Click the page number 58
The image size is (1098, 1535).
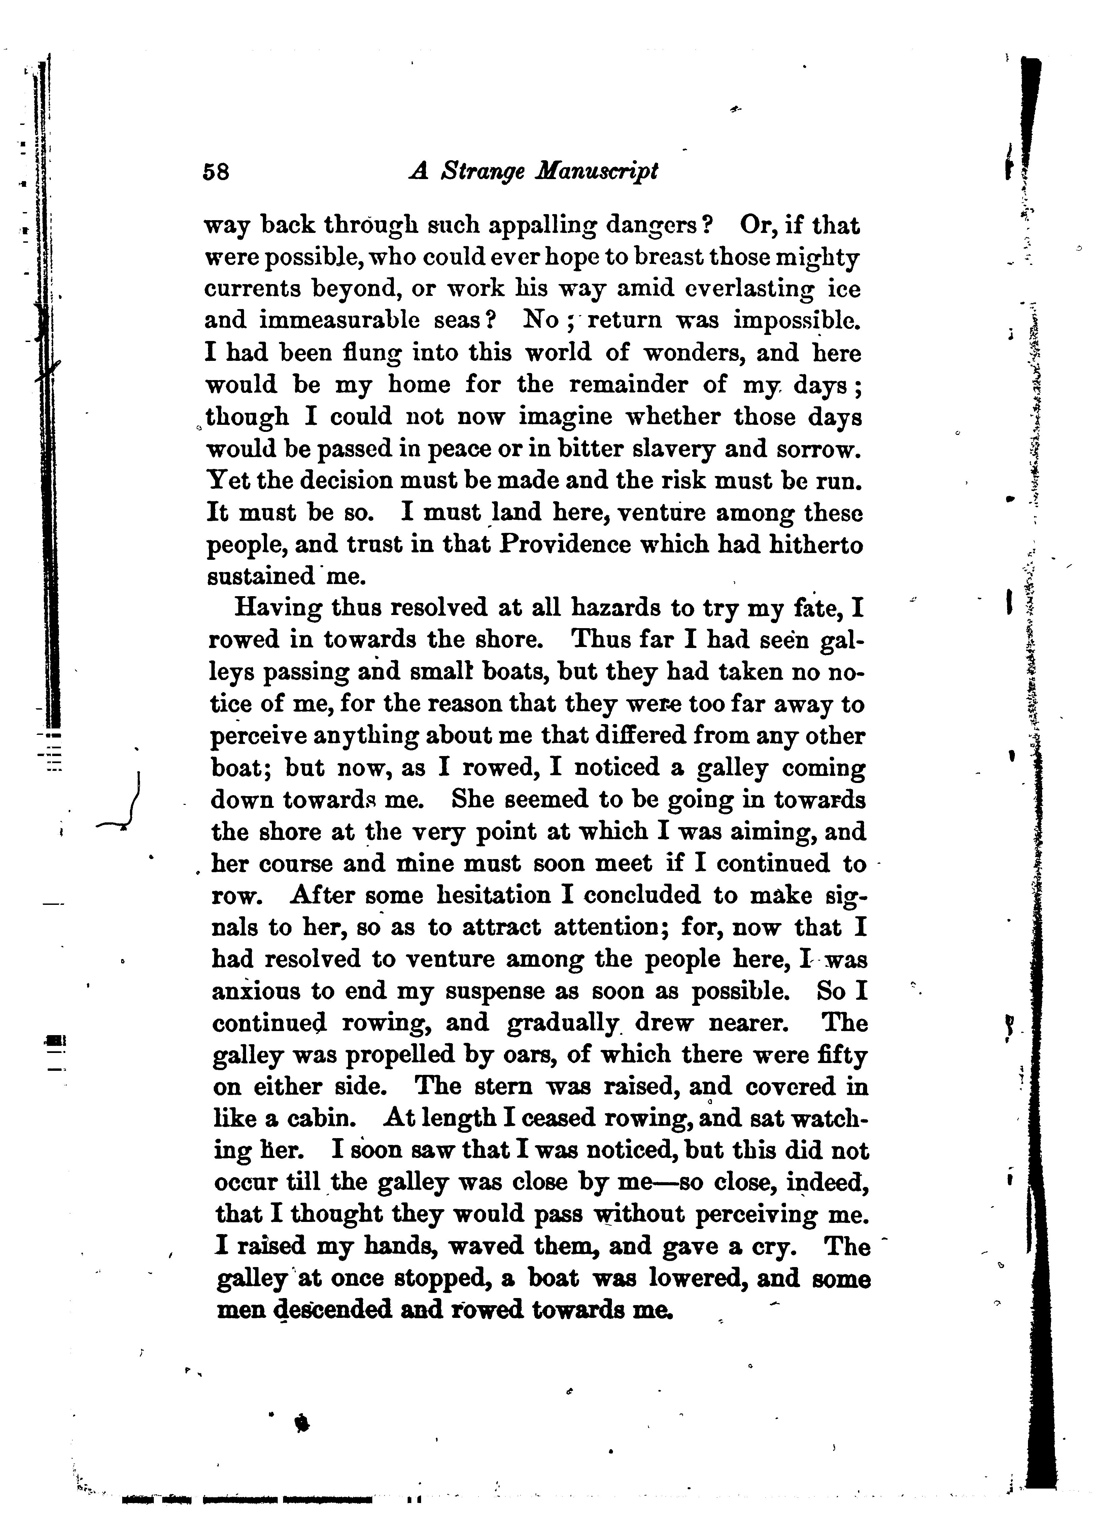pos(216,172)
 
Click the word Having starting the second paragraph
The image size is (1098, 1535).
pos(277,608)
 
